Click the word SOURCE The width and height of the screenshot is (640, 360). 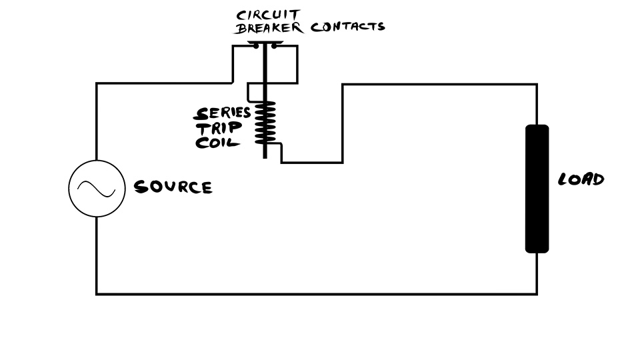[x=173, y=187]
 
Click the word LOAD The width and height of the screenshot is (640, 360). [x=581, y=179]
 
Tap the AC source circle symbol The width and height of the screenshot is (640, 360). [x=96, y=189]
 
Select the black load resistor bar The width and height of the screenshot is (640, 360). [x=537, y=189]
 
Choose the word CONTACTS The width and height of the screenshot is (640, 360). [x=347, y=27]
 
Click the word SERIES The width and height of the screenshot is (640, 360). [x=222, y=113]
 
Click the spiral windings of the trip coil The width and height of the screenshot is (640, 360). [x=265, y=123]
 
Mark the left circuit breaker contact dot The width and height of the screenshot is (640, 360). [x=255, y=47]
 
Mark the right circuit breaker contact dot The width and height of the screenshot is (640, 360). [x=273, y=47]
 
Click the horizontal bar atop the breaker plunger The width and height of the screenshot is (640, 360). [x=265, y=43]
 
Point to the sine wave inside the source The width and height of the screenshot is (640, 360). [x=96, y=189]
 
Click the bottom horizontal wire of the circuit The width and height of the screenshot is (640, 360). [x=317, y=293]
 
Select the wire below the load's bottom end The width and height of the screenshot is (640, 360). [x=537, y=273]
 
